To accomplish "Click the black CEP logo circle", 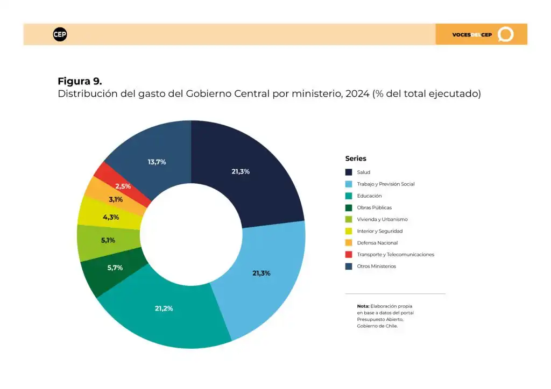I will [60, 34].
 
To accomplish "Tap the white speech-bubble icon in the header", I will [505, 34].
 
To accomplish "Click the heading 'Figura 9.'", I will [80, 81].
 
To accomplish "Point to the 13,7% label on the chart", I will [157, 162].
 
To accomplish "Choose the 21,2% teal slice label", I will [164, 308].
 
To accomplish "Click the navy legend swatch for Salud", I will [349, 172].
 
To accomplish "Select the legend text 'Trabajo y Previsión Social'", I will [385, 184].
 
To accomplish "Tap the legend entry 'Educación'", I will [369, 196].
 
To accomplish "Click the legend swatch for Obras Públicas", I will [349, 208].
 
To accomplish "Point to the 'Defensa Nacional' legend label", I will [377, 243].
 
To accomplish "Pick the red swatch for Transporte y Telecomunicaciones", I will [349, 255].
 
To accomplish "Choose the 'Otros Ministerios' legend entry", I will [376, 266].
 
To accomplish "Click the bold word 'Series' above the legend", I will [356, 159].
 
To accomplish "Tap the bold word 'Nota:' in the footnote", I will [363, 306].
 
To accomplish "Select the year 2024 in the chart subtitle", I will [357, 94].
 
